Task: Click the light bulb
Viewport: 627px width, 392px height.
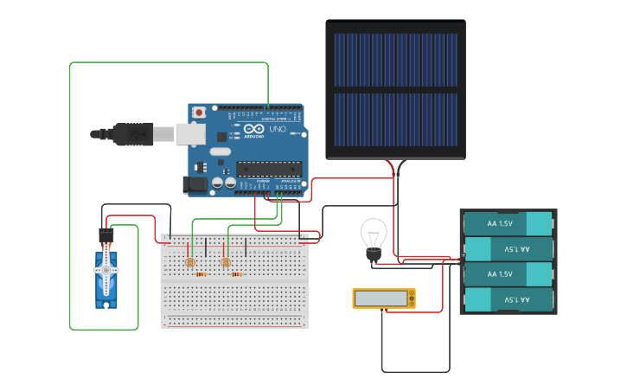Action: click(x=374, y=235)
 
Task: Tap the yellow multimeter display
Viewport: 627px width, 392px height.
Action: click(x=384, y=299)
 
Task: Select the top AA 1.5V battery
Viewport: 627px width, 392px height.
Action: click(x=508, y=223)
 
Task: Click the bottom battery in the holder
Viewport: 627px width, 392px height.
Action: click(x=508, y=299)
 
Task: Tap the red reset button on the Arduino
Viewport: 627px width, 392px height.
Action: click(x=200, y=112)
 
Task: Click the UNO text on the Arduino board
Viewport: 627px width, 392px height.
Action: click(x=278, y=129)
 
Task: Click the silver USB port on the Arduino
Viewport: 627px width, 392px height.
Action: click(x=190, y=133)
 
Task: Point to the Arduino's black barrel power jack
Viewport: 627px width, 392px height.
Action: click(x=194, y=183)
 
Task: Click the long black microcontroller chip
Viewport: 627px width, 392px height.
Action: click(x=268, y=169)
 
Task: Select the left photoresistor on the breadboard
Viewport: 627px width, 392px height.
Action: click(x=189, y=261)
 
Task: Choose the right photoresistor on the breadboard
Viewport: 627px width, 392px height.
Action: click(x=226, y=262)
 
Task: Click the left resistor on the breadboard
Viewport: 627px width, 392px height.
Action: click(x=201, y=274)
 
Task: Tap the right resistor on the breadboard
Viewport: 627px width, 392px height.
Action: click(x=236, y=274)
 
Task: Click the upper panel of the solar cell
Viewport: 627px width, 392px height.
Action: click(x=396, y=61)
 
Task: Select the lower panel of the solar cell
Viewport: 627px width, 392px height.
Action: click(x=396, y=120)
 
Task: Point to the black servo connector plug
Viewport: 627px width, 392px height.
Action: click(x=106, y=235)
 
